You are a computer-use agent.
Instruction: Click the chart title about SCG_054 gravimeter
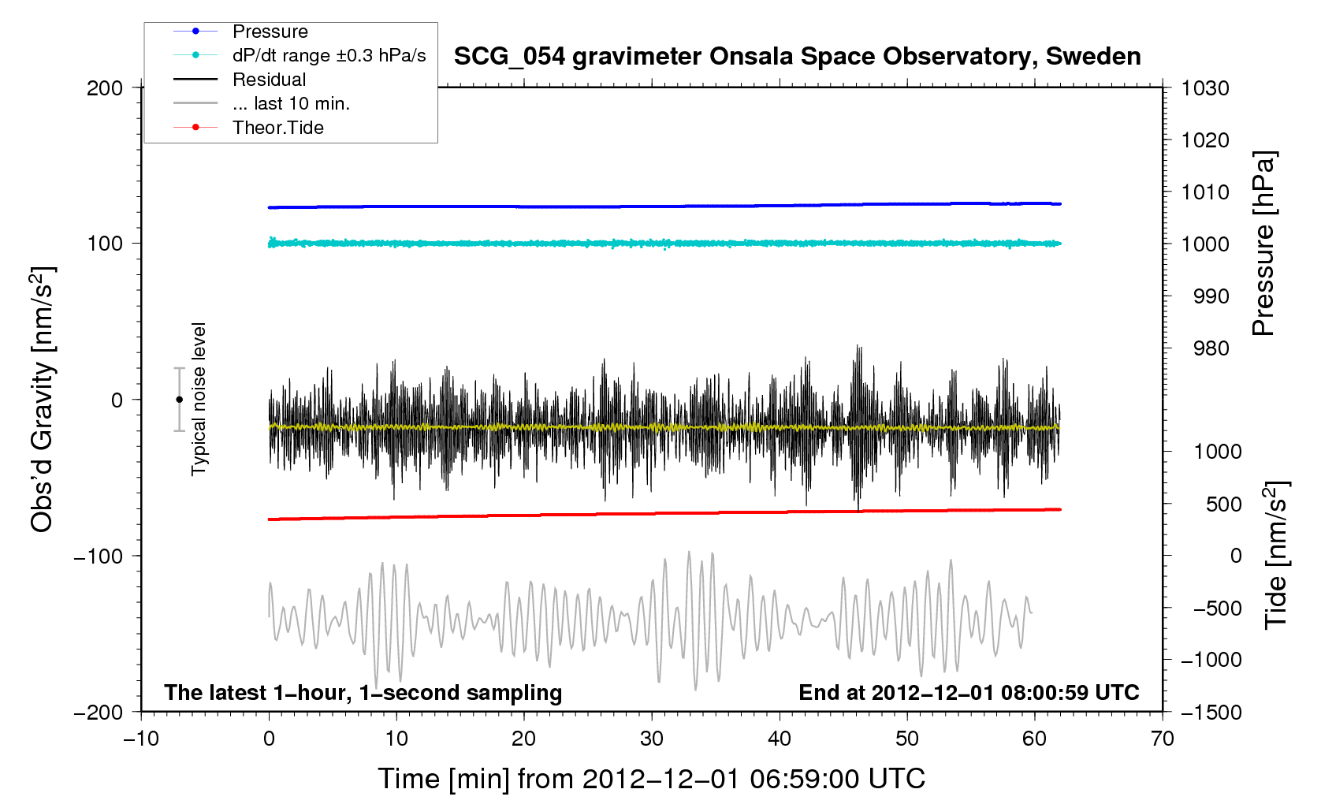point(797,57)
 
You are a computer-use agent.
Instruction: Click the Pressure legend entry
point(270,32)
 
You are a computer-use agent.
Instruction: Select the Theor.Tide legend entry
point(277,128)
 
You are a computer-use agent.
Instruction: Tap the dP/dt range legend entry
point(329,56)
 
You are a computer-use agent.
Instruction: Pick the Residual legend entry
point(269,80)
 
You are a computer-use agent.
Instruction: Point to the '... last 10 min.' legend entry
point(291,104)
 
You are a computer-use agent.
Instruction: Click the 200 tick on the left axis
point(105,88)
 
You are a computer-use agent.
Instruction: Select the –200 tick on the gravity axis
point(99,712)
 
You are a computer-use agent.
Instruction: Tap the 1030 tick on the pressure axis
point(1205,88)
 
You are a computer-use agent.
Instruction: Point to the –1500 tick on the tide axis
point(1211,712)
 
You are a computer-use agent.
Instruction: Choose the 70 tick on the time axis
point(1163,739)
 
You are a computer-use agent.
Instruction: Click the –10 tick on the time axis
point(141,739)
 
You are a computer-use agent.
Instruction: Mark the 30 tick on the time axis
point(652,739)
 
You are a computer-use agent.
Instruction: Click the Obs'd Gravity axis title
point(42,400)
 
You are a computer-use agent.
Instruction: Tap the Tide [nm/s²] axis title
point(1276,556)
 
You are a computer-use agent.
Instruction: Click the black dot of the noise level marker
point(179,400)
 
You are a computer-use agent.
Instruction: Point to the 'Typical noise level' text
point(199,399)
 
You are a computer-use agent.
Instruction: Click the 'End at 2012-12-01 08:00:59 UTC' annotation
point(969,693)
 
